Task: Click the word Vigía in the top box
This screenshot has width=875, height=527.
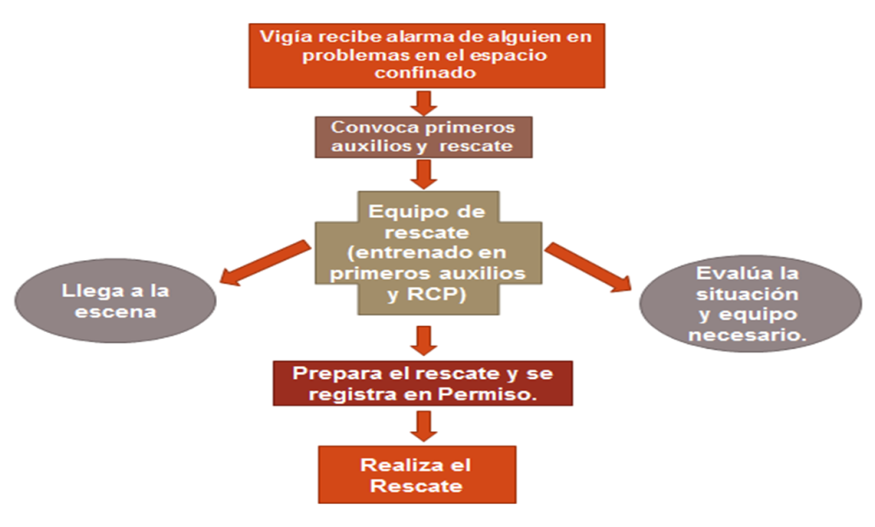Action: (x=281, y=37)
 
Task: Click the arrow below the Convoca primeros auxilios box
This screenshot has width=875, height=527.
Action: (x=425, y=174)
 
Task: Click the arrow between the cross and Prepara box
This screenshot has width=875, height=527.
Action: (x=425, y=339)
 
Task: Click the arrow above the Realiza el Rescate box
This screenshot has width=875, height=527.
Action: (x=425, y=424)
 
